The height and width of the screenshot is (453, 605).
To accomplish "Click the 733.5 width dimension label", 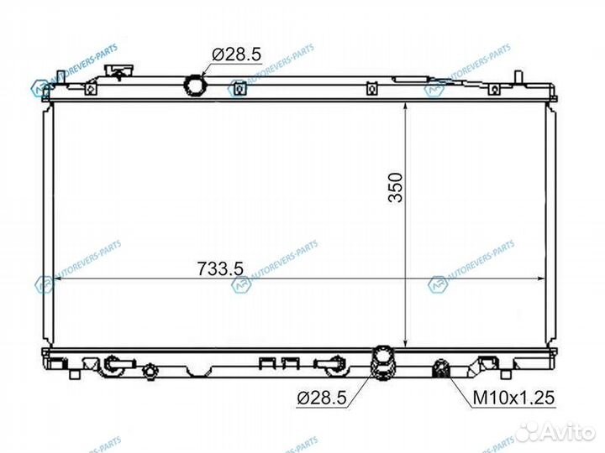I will [x=219, y=268].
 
